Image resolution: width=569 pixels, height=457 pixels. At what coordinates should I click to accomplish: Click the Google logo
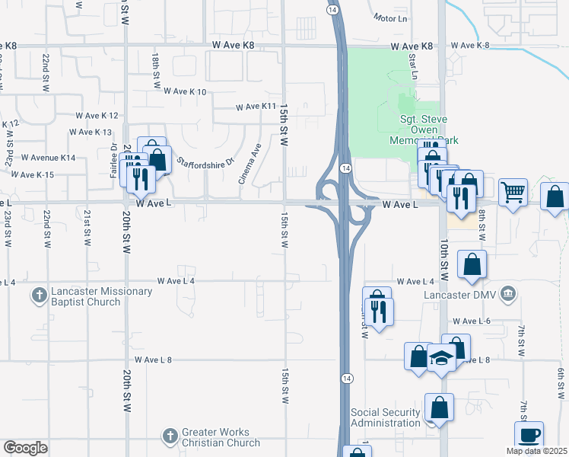[25, 448]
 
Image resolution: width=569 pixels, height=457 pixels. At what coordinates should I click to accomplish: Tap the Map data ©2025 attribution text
[536, 451]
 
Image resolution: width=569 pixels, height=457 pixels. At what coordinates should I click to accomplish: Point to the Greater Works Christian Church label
[221, 437]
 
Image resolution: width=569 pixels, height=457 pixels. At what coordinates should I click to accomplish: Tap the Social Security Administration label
[385, 418]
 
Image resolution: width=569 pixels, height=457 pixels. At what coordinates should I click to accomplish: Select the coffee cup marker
[529, 434]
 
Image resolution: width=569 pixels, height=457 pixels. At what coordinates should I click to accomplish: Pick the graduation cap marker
[441, 357]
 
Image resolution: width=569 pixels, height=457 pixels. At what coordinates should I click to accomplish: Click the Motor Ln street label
[393, 17]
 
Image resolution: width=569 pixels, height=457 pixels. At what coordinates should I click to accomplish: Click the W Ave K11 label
[256, 107]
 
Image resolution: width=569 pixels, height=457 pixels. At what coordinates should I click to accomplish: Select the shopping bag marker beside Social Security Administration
[440, 407]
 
